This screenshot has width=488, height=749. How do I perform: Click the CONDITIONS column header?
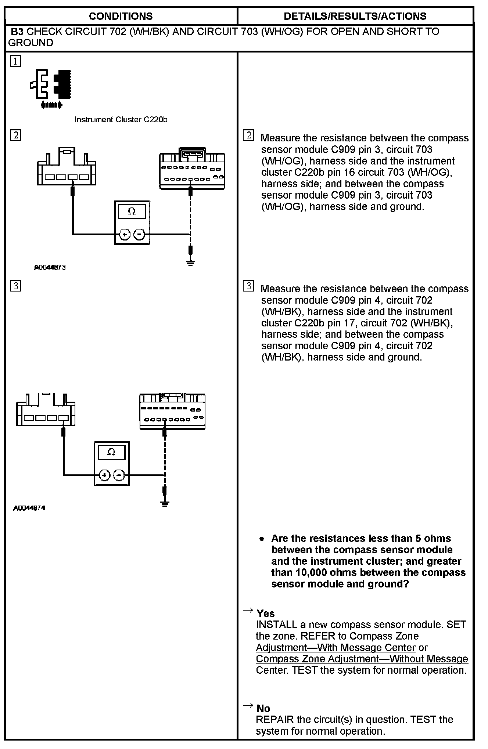tap(121, 16)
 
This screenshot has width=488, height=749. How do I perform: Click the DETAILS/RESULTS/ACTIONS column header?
tap(355, 16)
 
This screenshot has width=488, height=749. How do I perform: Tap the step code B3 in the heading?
tap(17, 32)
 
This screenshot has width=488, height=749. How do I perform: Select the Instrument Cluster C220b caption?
tap(121, 120)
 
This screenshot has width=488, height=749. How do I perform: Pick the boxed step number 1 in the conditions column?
tap(15, 61)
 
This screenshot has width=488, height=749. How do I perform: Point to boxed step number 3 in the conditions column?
tap(15, 286)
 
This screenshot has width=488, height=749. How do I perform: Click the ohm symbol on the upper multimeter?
tap(132, 211)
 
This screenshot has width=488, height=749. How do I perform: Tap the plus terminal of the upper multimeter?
tap(125, 234)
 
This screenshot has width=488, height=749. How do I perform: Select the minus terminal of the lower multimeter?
tap(119, 475)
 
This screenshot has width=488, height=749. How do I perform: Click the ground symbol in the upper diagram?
tap(190, 263)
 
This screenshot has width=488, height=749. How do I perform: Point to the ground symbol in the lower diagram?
tap(165, 504)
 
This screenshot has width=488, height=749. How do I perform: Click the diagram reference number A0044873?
tap(50, 268)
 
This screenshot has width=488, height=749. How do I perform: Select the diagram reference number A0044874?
tap(29, 508)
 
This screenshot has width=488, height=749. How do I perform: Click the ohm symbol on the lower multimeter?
tap(111, 452)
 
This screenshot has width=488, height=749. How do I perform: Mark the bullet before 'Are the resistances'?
tap(262, 539)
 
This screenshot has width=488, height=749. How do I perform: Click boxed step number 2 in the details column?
tap(248, 135)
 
